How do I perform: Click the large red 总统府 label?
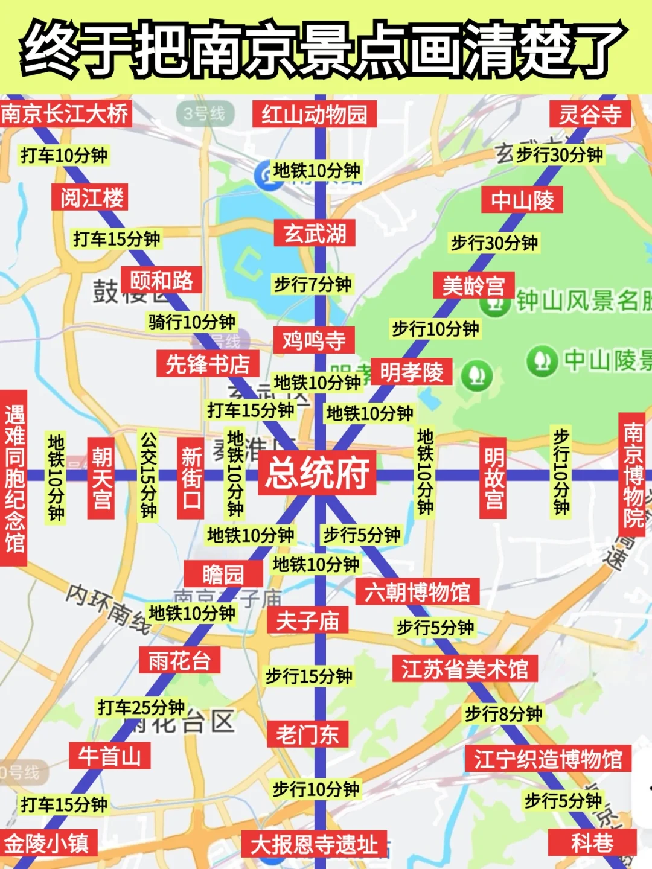tap(318, 473)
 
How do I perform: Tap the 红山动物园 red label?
tap(314, 114)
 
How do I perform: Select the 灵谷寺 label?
tap(590, 114)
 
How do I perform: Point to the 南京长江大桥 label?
tap(65, 113)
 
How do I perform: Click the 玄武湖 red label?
tap(315, 234)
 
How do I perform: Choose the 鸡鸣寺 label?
tap(314, 341)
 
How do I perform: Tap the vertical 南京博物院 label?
tap(633, 475)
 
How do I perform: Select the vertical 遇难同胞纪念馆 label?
tap(14, 478)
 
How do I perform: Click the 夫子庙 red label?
tap(308, 620)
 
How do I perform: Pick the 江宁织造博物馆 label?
tap(548, 759)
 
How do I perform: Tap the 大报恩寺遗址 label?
tap(314, 844)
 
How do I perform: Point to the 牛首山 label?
tap(109, 756)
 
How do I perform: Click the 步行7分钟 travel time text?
tap(313, 284)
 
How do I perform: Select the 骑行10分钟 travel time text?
tap(192, 322)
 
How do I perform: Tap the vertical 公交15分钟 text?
tap(149, 475)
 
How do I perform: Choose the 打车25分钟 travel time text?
tap(141, 707)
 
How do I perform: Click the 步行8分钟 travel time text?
tap(503, 714)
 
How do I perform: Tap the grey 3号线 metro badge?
tap(204, 113)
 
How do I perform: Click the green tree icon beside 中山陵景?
tap(542, 361)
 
